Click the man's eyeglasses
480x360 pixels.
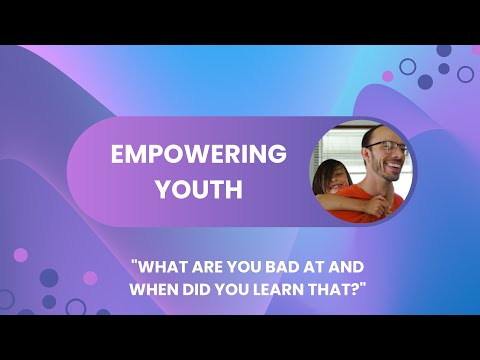coord(386,147)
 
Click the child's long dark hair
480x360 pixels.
coord(322,190)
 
